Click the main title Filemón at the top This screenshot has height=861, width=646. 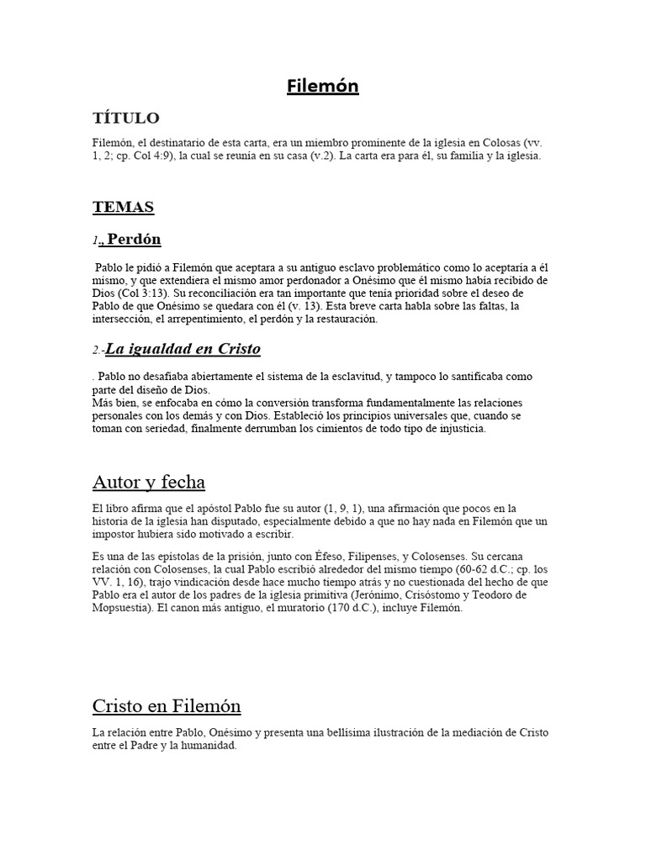[x=323, y=86]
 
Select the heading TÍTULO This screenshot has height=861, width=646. [x=125, y=119]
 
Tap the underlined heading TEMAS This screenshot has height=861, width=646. [x=123, y=207]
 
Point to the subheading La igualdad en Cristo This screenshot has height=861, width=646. [x=183, y=349]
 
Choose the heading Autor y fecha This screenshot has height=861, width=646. [x=148, y=482]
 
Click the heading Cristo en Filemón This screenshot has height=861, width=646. [x=167, y=705]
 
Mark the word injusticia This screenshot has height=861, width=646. [x=458, y=429]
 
